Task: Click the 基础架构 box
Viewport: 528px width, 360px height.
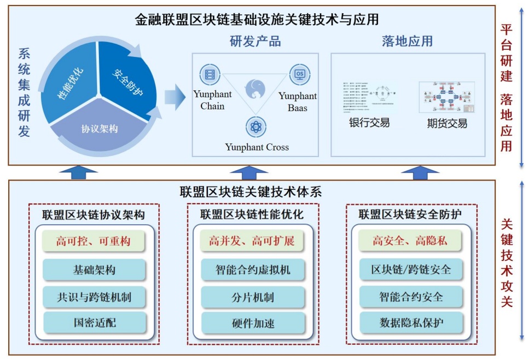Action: click(94, 270)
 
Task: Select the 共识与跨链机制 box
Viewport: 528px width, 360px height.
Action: click(94, 297)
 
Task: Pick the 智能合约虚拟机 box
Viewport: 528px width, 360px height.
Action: click(252, 270)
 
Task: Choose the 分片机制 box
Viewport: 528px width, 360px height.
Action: click(252, 297)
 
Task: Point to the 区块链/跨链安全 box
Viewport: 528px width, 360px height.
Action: click(411, 270)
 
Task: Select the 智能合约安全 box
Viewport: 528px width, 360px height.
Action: click(411, 297)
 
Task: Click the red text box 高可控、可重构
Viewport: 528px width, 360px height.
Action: click(94, 241)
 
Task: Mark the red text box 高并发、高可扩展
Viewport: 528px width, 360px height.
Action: click(252, 241)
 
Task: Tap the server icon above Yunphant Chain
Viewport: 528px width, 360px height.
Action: click(211, 74)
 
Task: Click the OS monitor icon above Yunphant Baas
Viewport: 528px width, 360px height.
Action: click(300, 74)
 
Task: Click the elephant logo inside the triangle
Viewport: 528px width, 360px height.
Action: click(256, 90)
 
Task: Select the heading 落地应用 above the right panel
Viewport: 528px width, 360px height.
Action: click(408, 42)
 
